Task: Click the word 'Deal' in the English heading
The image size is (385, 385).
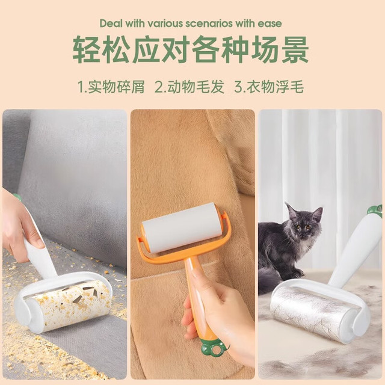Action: coord(111,23)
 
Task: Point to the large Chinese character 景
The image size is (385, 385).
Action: coord(295,49)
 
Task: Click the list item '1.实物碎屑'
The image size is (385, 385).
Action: coord(111,87)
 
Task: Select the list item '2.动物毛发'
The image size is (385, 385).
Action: coord(190,87)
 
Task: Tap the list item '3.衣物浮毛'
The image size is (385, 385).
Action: coord(269,87)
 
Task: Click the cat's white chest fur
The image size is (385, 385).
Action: coord(303,248)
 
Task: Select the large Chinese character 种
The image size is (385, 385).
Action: coord(235,49)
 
